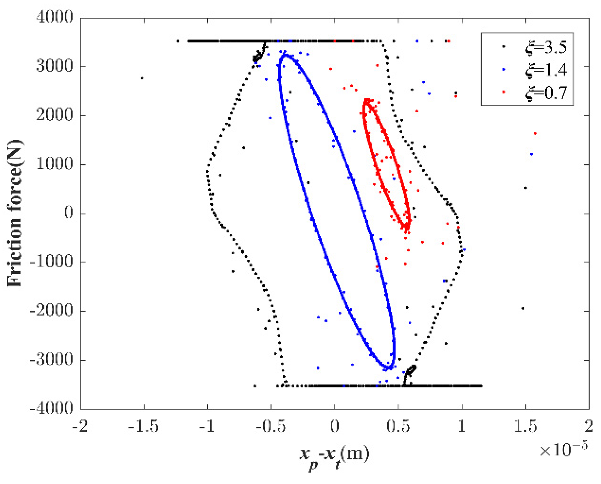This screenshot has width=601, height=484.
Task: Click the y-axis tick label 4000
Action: point(54,17)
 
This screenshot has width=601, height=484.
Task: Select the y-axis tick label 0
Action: point(69,213)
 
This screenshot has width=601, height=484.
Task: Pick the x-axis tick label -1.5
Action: point(143,426)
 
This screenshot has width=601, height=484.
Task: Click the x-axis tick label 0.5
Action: point(398,426)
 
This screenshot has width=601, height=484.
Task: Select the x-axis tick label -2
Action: point(80,426)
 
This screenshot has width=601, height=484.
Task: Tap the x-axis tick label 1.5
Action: point(525,426)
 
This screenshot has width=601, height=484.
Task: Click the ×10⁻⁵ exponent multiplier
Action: point(563,450)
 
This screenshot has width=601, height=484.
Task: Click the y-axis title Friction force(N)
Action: point(15,213)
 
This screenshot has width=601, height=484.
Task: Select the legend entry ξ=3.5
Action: point(546,47)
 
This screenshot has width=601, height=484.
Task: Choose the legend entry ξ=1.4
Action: point(546,70)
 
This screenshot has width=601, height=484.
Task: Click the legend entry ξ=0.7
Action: point(546,93)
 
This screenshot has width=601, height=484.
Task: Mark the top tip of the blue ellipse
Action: point(285,54)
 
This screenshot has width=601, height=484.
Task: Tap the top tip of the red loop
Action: point(367,101)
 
